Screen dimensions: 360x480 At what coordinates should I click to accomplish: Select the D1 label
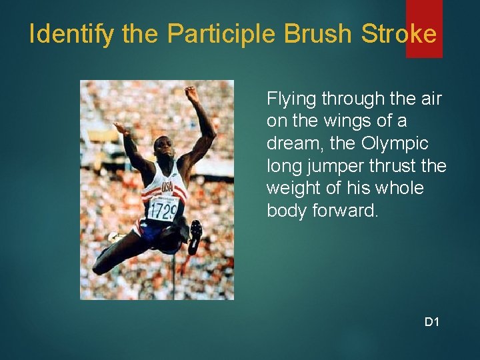(x=432, y=323)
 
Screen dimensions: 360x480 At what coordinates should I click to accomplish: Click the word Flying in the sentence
(x=291, y=99)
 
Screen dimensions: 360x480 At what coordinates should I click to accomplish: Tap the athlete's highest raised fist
(x=192, y=94)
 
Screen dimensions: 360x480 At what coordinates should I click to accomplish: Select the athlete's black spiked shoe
(x=195, y=235)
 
